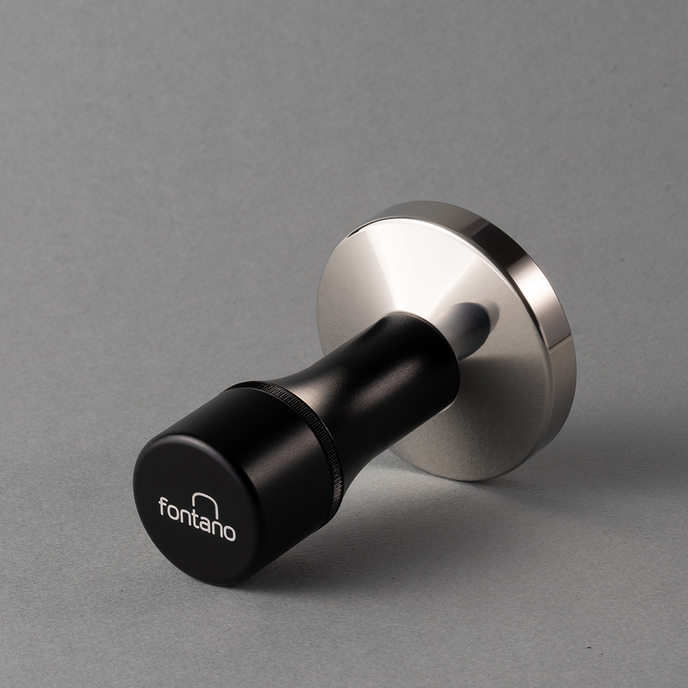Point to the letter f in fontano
(163, 506)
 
